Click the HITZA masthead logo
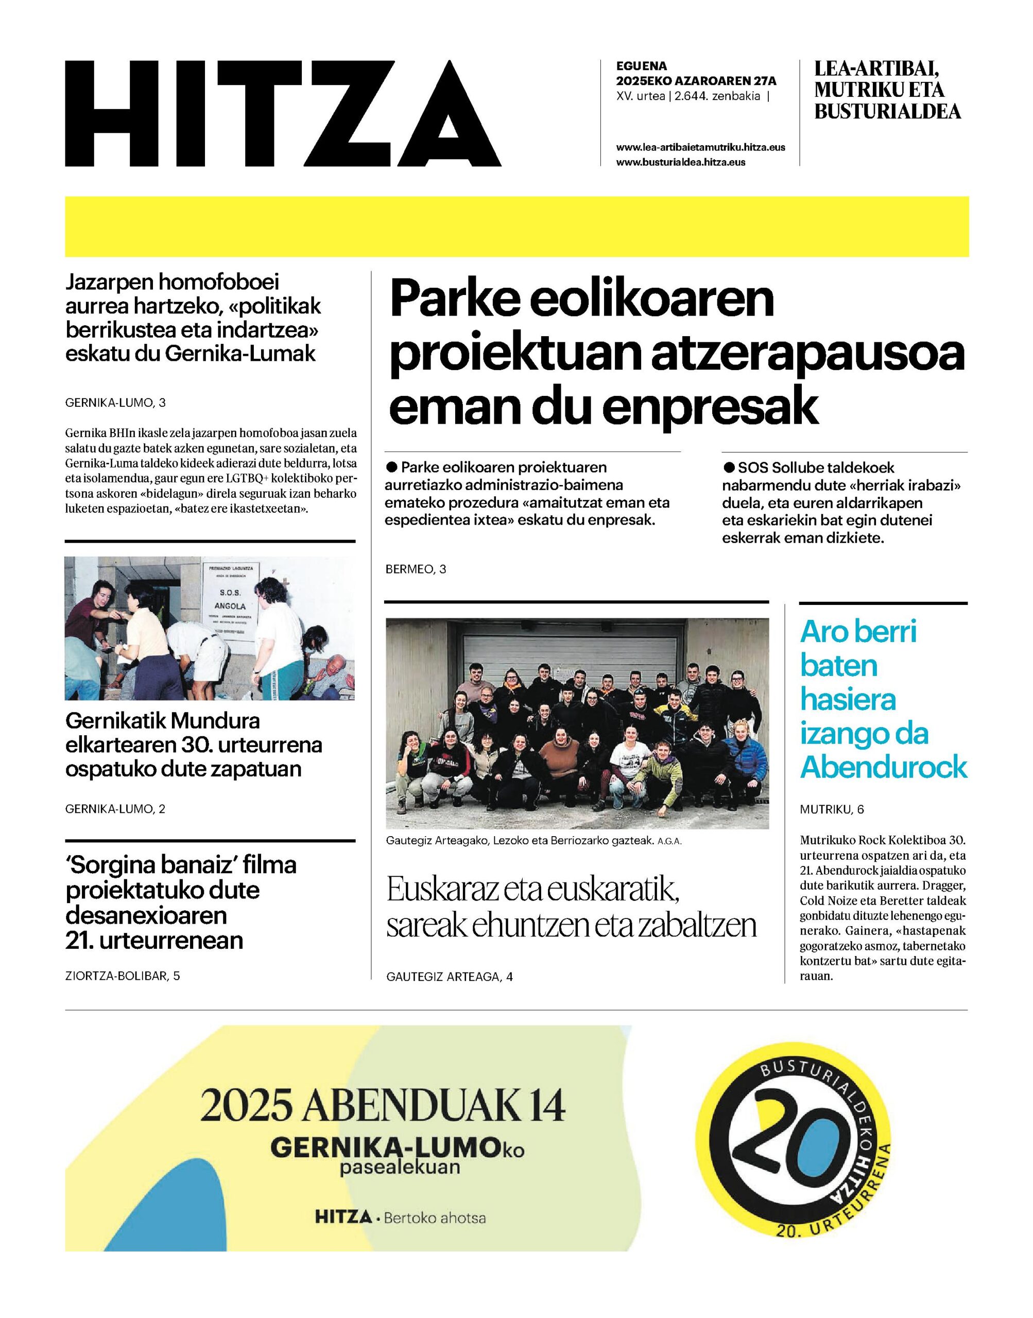[283, 114]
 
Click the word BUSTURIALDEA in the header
[887, 111]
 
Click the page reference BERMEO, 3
[416, 569]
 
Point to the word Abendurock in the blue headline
[884, 767]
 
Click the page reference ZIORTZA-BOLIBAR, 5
[123, 976]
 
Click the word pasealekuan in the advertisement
[399, 1166]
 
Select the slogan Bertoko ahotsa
[434, 1217]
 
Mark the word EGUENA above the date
[641, 66]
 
